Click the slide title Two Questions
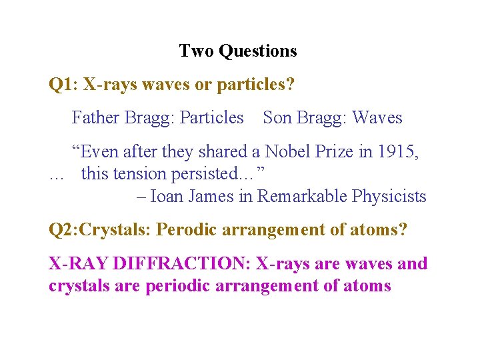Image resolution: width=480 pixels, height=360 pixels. (x=238, y=51)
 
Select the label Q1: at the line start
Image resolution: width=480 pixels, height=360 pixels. (x=63, y=85)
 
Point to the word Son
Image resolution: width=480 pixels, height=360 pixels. (x=277, y=118)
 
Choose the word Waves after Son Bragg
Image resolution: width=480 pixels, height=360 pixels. (x=377, y=118)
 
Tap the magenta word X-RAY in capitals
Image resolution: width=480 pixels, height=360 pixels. (x=78, y=264)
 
